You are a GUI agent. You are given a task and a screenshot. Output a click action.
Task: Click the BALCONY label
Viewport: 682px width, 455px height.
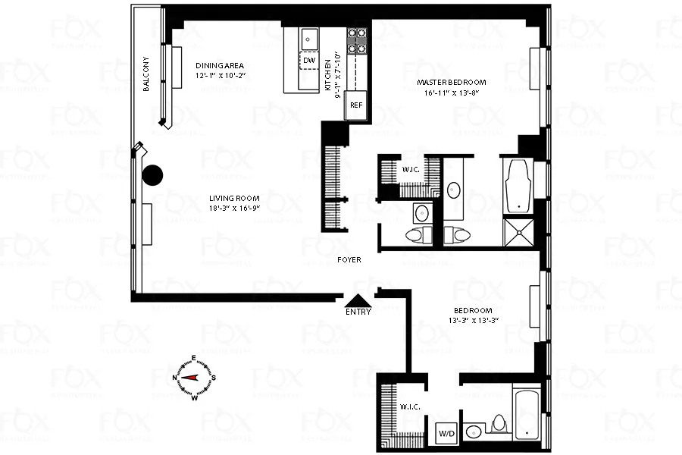tap(148, 75)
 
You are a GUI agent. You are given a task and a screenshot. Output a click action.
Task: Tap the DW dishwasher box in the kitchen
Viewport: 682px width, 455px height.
tap(308, 61)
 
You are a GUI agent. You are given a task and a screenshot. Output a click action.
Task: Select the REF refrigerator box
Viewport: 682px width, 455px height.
tap(355, 105)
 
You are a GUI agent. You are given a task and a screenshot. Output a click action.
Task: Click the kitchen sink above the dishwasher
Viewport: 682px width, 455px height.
tap(308, 37)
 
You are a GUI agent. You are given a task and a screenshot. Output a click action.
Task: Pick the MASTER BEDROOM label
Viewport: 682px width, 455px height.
tap(452, 82)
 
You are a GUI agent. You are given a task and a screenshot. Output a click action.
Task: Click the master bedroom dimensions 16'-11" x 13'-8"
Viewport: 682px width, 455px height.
tap(452, 93)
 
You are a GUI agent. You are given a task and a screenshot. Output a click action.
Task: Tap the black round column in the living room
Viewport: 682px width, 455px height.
tap(153, 176)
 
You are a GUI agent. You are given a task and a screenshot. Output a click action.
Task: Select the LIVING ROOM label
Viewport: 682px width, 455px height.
tap(235, 199)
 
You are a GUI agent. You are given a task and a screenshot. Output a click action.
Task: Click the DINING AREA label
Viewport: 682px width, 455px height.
tap(220, 65)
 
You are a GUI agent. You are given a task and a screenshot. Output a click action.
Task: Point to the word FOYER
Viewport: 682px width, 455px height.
tap(349, 260)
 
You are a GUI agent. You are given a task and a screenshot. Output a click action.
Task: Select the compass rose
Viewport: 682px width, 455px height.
tap(193, 377)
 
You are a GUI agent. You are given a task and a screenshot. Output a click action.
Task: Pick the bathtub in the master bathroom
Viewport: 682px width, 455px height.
tap(519, 185)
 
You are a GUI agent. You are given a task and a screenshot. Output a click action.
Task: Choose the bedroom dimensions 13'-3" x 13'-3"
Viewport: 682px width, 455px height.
tap(473, 322)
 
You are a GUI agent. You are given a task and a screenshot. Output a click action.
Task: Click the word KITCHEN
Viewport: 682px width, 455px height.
tap(328, 75)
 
